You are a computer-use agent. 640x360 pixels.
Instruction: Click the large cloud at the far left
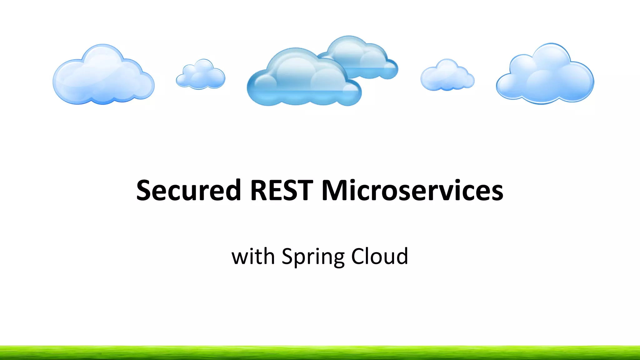tap(103, 77)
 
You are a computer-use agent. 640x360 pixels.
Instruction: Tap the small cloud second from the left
tap(200, 75)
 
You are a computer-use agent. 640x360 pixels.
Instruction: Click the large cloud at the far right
tap(545, 75)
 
